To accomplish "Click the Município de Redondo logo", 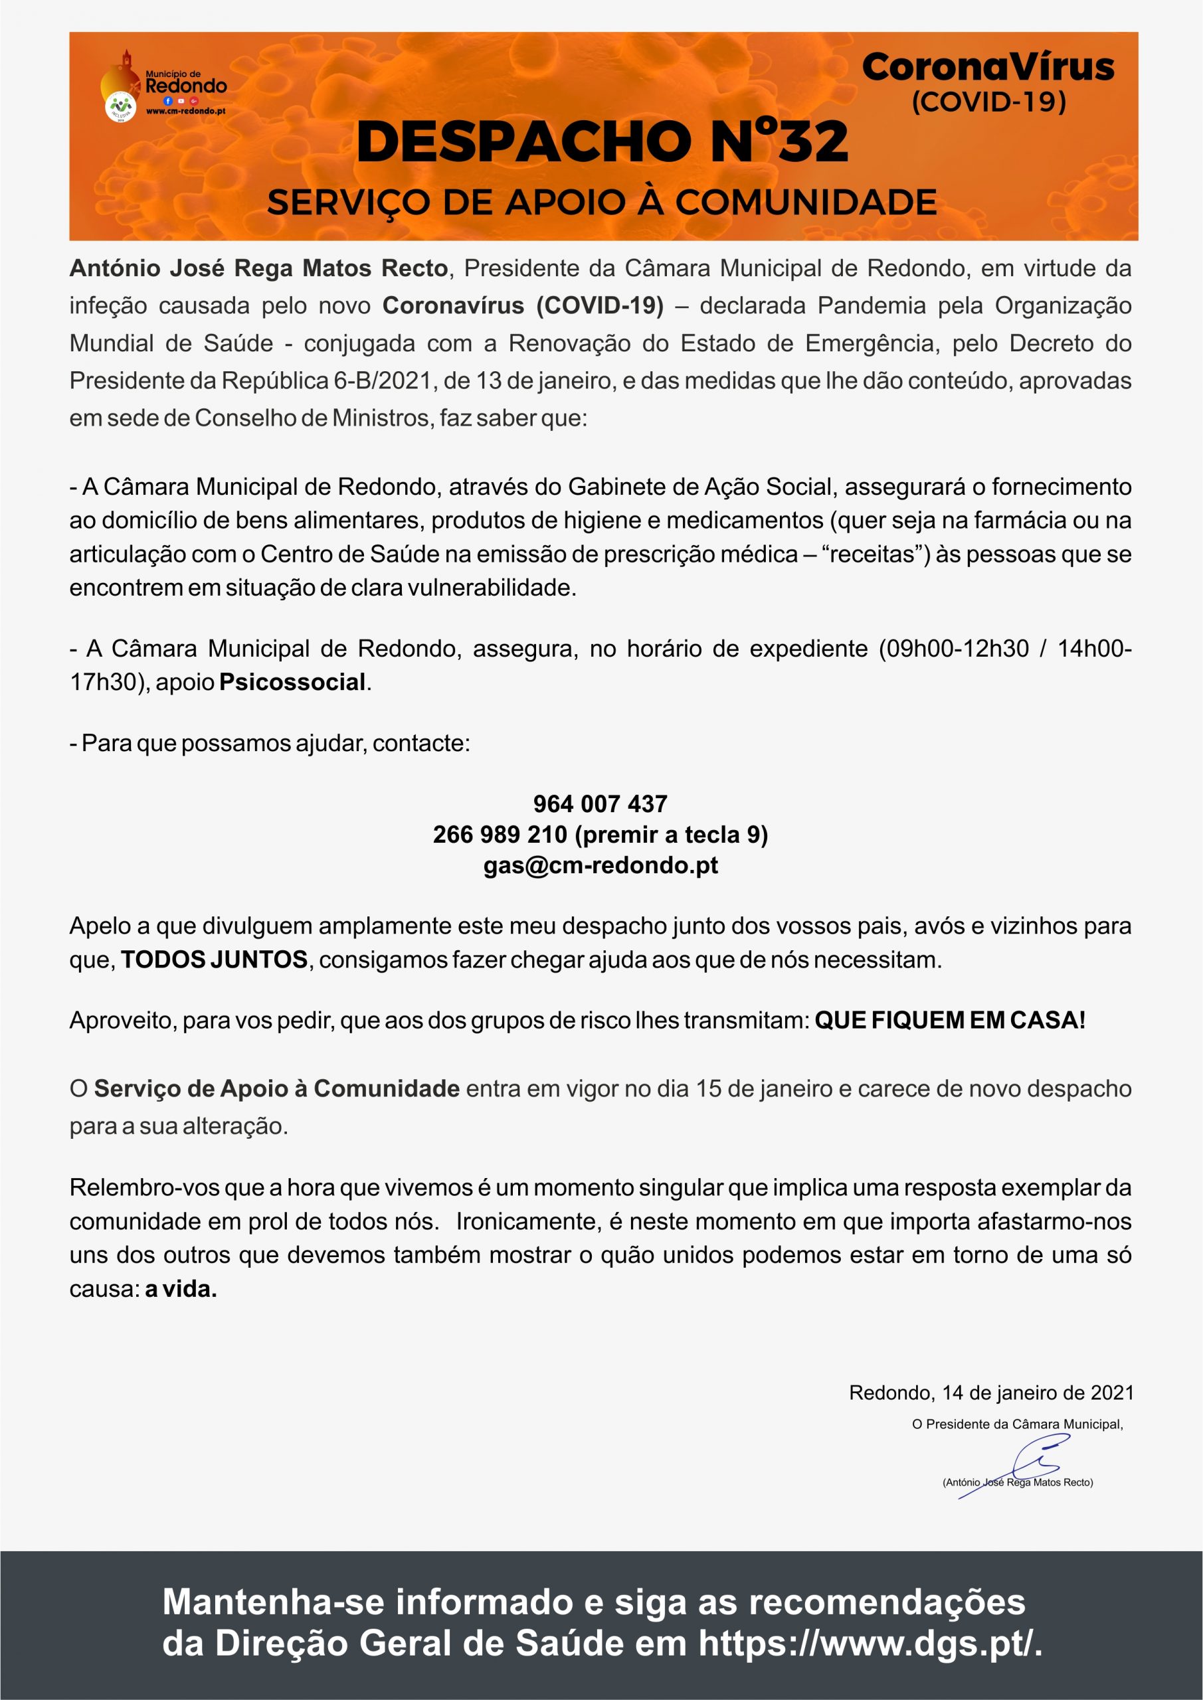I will click(163, 88).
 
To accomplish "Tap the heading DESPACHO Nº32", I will click(602, 141).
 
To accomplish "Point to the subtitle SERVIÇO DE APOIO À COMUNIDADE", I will click(602, 202).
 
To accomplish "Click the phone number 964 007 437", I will click(600, 804).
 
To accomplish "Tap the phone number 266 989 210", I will click(500, 835).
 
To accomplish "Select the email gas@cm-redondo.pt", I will click(600, 865).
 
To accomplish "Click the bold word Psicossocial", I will click(292, 682).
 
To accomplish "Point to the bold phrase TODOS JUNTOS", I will click(214, 960).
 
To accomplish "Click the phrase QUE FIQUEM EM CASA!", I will click(950, 1020).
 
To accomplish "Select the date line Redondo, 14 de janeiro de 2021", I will click(990, 1393).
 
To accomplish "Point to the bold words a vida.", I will click(181, 1289).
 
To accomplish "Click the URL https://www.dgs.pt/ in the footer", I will click(870, 1643).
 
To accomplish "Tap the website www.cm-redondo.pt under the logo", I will click(186, 111).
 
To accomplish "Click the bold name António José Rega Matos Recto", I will click(258, 268).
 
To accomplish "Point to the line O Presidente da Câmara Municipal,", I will click(1017, 1424).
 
